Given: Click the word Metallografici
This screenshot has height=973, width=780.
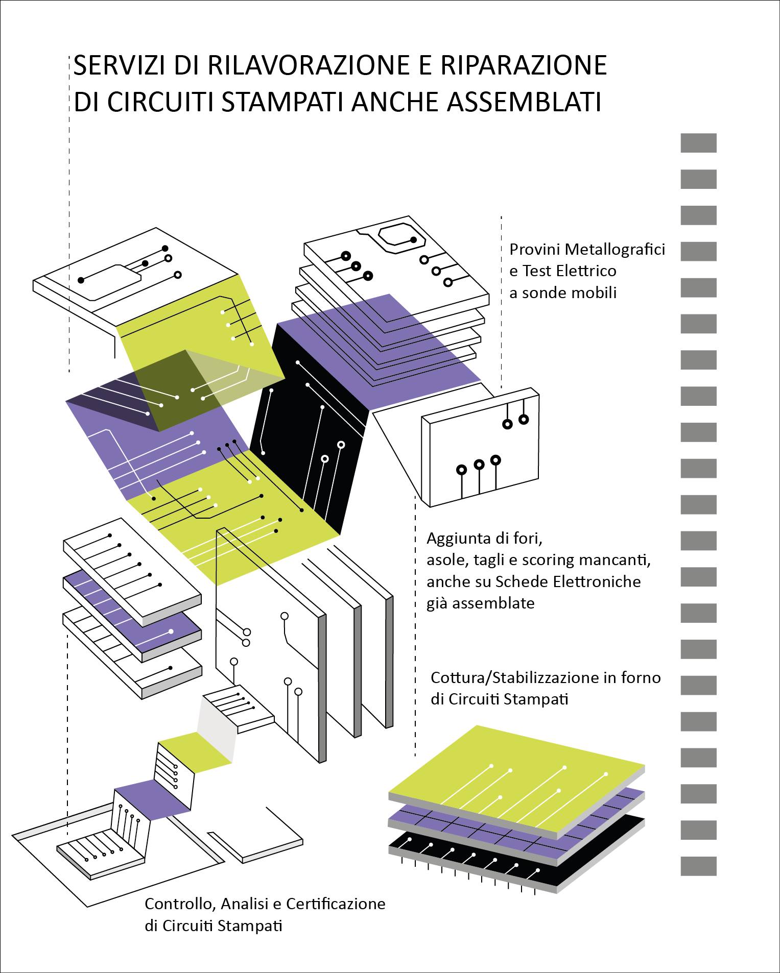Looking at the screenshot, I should [x=610, y=250].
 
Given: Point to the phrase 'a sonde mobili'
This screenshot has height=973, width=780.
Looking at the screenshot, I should [x=563, y=293].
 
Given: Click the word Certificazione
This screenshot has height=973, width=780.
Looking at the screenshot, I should [x=336, y=904].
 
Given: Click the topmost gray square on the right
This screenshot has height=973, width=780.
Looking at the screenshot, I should [x=698, y=143].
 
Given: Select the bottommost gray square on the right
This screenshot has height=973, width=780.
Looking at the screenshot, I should [x=698, y=866].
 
